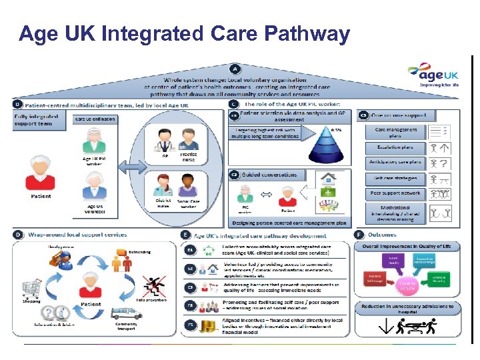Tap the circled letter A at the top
tap(235, 68)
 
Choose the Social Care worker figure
tap(188, 185)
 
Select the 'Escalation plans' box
tap(395, 147)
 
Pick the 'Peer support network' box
tap(395, 193)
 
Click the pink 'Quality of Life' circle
tap(407, 285)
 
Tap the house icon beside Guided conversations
tap(328, 178)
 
